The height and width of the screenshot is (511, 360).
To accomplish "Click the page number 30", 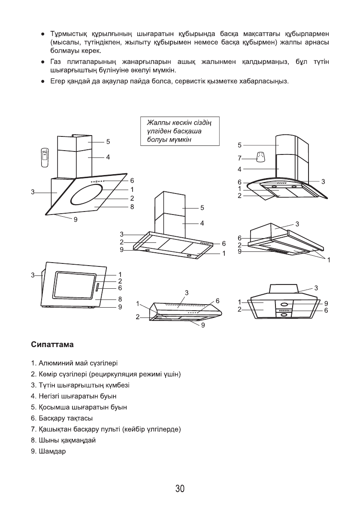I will click(180, 489).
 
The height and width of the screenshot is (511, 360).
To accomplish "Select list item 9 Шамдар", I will click(48, 452).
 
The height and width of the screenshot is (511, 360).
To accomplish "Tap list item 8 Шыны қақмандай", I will click(63, 441).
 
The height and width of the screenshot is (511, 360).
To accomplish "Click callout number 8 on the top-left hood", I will click(132, 207).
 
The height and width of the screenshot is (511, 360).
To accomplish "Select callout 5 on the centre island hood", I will click(201, 208).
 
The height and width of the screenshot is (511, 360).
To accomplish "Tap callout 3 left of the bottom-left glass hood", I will click(33, 275).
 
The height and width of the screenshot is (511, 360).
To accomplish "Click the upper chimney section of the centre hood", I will click(170, 203).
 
